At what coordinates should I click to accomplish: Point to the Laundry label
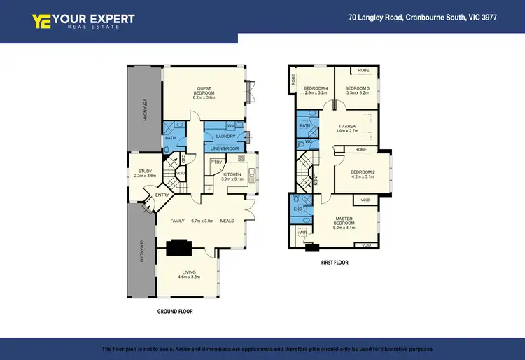tap(225, 136)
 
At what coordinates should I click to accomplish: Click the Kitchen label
tap(232, 174)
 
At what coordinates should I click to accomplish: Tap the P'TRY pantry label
tap(216, 162)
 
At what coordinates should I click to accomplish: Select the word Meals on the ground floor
tap(227, 221)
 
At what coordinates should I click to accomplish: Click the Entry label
tap(162, 195)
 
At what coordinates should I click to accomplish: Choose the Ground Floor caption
tap(175, 311)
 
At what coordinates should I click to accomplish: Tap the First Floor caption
tap(335, 263)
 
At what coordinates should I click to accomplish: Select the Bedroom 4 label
tap(316, 88)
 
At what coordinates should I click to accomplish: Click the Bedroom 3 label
tap(357, 88)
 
